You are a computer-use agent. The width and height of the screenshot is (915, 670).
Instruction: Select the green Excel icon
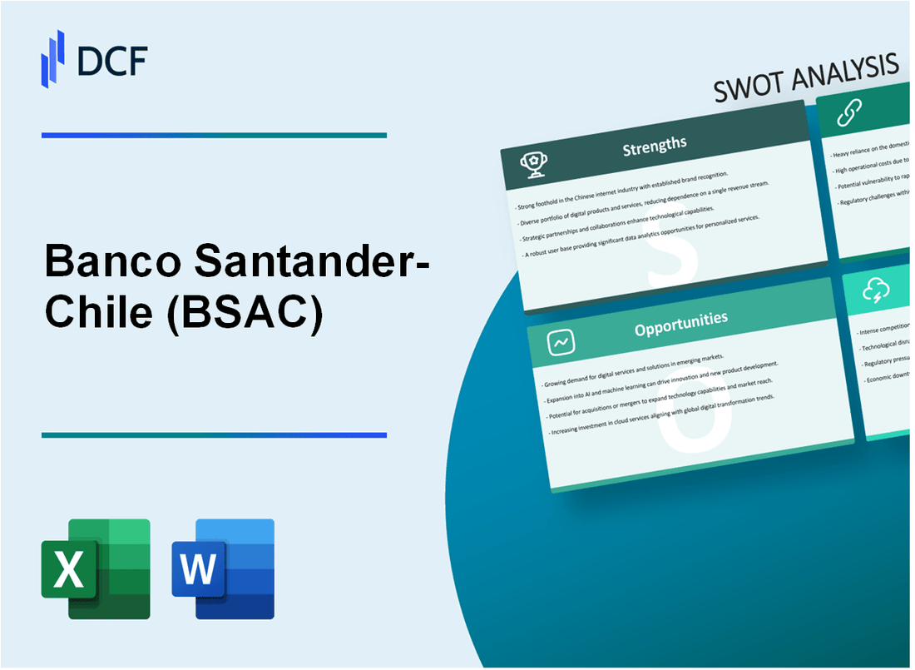click(x=96, y=568)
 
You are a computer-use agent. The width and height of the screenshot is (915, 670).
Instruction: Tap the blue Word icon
click(x=223, y=568)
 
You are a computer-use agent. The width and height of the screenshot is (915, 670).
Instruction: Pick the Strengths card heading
click(x=655, y=145)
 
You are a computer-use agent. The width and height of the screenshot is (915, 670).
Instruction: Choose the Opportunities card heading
click(x=680, y=318)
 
